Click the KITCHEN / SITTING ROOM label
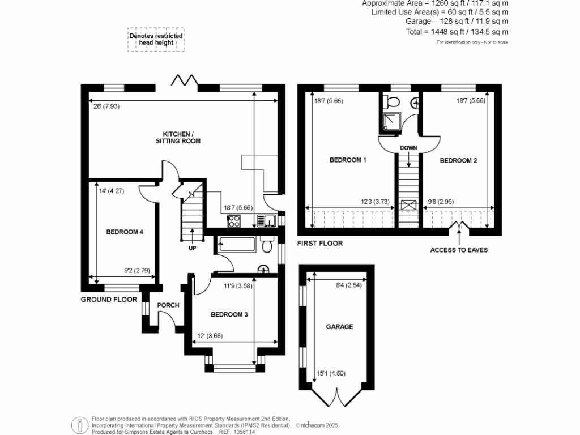pyautogui.click(x=178, y=137)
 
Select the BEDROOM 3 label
pyautogui.click(x=229, y=314)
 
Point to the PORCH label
pyautogui.click(x=168, y=305)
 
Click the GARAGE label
pyautogui.click(x=339, y=326)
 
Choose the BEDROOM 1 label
pyautogui.click(x=348, y=160)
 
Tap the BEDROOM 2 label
pyautogui.click(x=458, y=160)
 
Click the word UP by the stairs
pyautogui.click(x=193, y=248)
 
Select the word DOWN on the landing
pyautogui.click(x=408, y=148)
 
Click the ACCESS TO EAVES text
pyautogui.click(x=459, y=250)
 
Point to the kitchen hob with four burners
pyautogui.click(x=233, y=221)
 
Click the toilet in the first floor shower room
pyautogui.click(x=390, y=102)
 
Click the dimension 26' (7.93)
pyautogui.click(x=107, y=106)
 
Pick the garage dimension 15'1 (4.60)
pyautogui.click(x=331, y=372)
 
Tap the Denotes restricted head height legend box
pyautogui.click(x=156, y=39)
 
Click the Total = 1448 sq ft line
pyautogui.click(x=457, y=32)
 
